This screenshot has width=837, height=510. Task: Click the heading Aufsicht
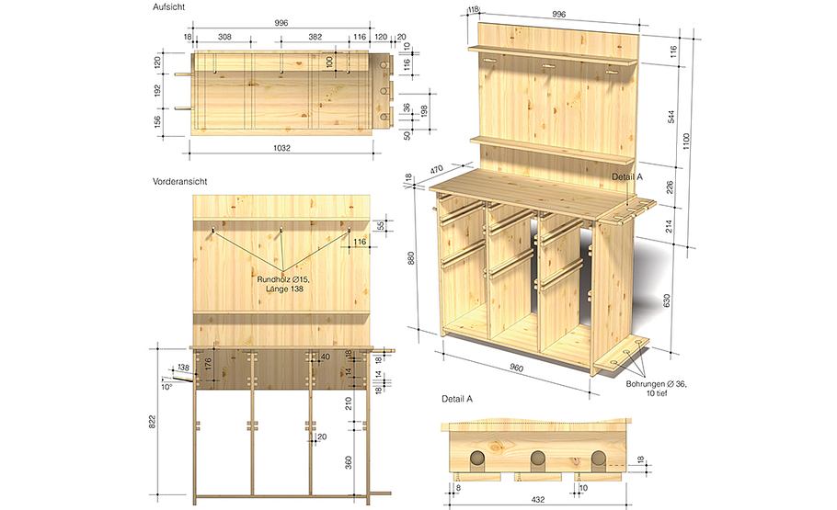coord(168,7)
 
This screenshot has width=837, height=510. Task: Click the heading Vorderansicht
coord(180,181)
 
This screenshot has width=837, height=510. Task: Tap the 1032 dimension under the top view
coord(281,148)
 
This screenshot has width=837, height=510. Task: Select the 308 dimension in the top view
coord(224,37)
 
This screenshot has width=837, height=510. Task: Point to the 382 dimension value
coord(315,37)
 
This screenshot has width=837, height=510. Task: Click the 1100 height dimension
coord(686,142)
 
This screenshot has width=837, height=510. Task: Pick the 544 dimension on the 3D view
coord(671,117)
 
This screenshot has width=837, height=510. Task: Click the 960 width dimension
coord(517,368)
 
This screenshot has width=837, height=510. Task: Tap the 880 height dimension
coord(410,258)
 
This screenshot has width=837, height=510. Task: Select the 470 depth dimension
coord(437,170)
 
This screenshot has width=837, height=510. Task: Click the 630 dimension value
coord(666,300)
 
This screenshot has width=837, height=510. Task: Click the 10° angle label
coord(167,387)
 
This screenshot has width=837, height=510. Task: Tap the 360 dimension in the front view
coord(348,462)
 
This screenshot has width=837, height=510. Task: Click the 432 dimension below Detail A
coord(538,500)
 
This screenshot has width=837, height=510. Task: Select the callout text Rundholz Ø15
coord(283,279)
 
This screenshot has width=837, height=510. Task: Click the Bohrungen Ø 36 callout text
coord(657,384)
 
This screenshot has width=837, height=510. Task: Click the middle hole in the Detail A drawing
coord(537,458)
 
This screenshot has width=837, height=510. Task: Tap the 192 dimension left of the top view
coord(157,91)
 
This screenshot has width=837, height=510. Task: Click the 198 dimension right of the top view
coord(424,111)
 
